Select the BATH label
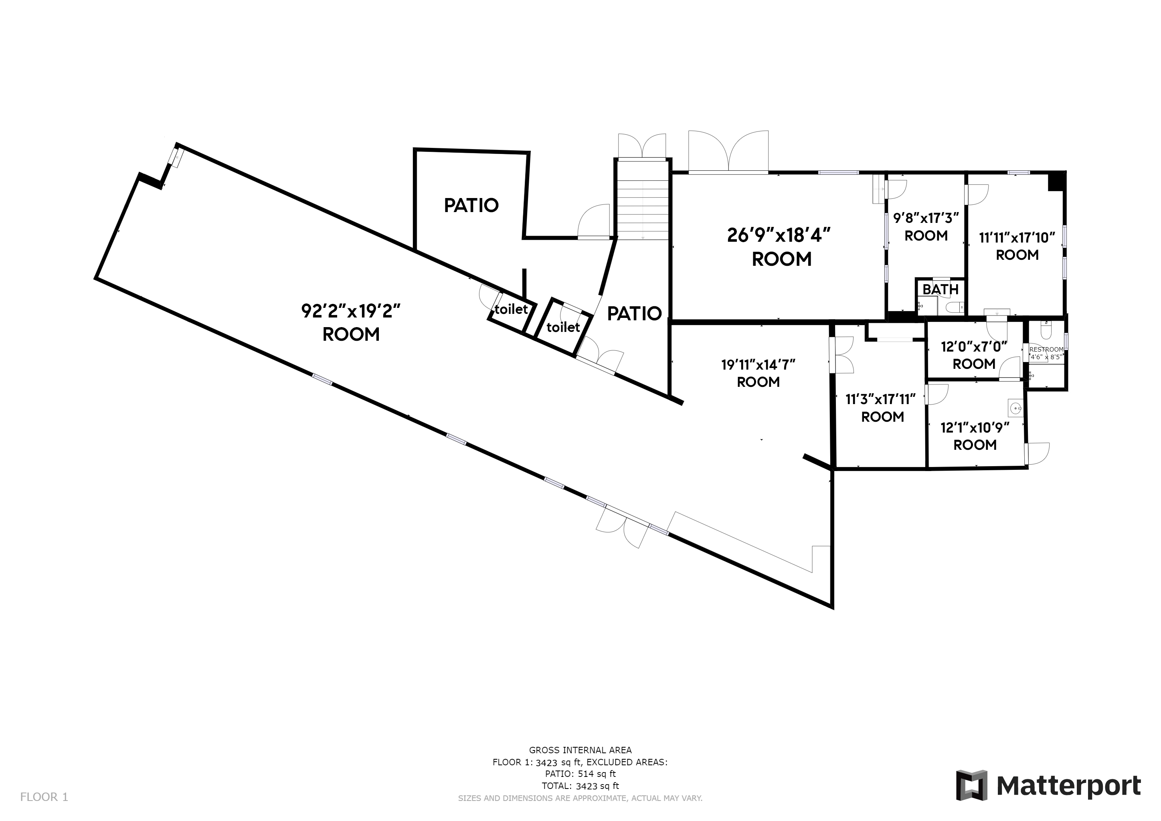(x=941, y=290)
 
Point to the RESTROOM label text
(x=1046, y=349)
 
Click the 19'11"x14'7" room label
(x=758, y=364)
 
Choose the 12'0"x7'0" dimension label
(x=974, y=347)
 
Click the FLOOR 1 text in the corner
(x=44, y=797)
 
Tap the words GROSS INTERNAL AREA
(x=580, y=750)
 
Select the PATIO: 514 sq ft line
(x=580, y=774)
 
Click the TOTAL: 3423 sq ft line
(x=580, y=786)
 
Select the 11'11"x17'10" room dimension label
(x=1017, y=238)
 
